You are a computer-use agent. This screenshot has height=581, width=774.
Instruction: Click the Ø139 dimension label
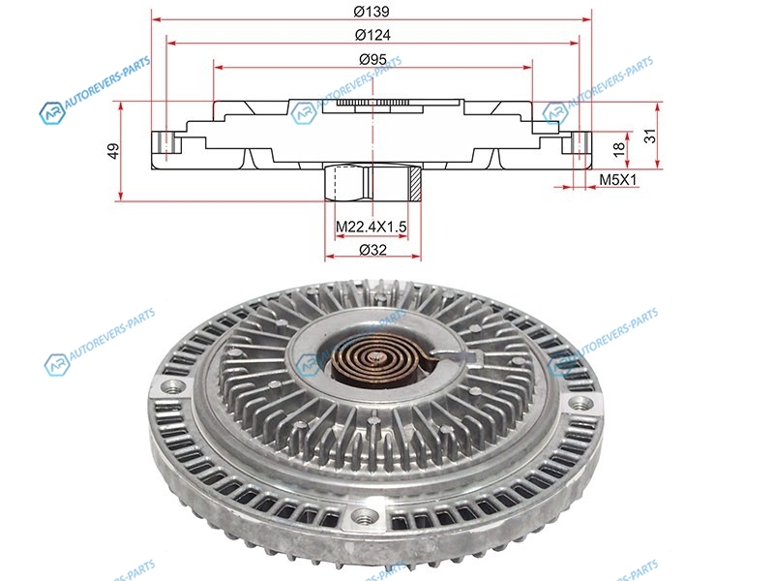pyautogui.click(x=372, y=11)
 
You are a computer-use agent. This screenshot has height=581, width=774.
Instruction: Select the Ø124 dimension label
pyautogui.click(x=372, y=35)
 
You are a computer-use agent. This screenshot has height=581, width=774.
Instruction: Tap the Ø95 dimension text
pyautogui.click(x=372, y=60)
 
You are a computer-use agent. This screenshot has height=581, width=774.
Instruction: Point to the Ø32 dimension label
pyautogui.click(x=373, y=250)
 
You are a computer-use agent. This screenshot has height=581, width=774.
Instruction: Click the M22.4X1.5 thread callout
pyautogui.click(x=372, y=227)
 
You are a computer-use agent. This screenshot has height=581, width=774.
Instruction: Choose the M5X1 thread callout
pyautogui.click(x=618, y=180)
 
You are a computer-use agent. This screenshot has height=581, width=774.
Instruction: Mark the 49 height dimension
pyautogui.click(x=114, y=151)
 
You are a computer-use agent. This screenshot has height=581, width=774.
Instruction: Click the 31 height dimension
pyautogui.click(x=651, y=136)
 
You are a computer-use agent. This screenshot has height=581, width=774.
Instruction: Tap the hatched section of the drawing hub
pyautogui.click(x=415, y=183)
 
